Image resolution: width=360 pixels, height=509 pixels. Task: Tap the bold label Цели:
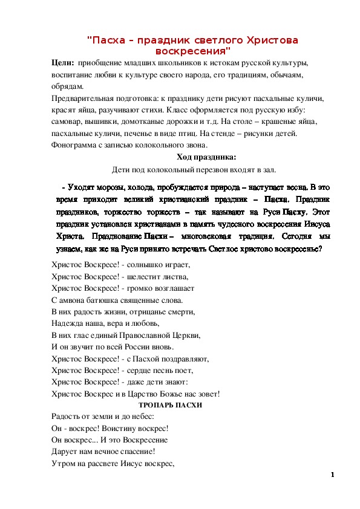[x=63, y=63]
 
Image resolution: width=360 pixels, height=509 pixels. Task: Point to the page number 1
[x=333, y=475]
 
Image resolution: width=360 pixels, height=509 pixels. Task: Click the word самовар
[x=68, y=122]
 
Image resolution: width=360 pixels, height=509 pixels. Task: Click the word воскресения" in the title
[x=193, y=51]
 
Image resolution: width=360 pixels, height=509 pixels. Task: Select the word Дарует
[x=65, y=452]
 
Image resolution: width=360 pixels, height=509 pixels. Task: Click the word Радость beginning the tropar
[x=67, y=417]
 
